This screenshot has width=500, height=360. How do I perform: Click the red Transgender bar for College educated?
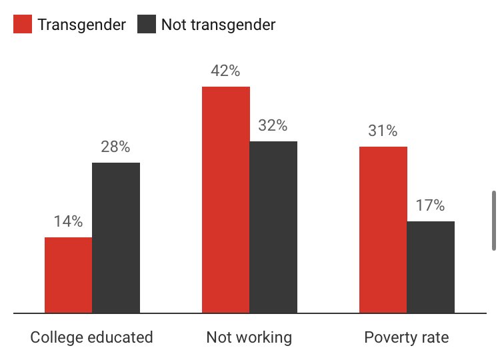click(68, 275)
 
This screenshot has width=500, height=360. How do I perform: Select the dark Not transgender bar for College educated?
click(116, 237)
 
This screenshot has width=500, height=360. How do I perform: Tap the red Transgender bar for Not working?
click(226, 199)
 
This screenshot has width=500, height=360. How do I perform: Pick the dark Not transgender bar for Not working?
click(273, 227)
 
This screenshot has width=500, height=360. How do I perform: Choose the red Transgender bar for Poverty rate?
click(383, 229)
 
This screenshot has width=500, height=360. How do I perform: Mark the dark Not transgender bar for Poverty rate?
click(431, 267)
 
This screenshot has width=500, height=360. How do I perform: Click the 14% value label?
click(68, 221)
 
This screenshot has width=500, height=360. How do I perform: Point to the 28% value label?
click(115, 147)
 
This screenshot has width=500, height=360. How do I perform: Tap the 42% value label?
click(225, 71)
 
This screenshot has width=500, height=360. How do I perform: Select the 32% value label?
click(273, 125)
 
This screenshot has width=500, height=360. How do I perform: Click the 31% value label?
click(383, 131)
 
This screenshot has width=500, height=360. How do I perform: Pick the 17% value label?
click(430, 205)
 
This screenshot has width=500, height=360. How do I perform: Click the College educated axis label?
click(92, 337)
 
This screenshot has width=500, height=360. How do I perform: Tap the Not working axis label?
click(249, 337)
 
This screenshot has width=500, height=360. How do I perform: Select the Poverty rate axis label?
click(407, 337)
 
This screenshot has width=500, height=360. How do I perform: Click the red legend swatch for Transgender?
click(23, 25)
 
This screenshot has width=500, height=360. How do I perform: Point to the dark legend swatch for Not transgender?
click(147, 25)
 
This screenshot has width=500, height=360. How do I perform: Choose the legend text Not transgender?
click(219, 25)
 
